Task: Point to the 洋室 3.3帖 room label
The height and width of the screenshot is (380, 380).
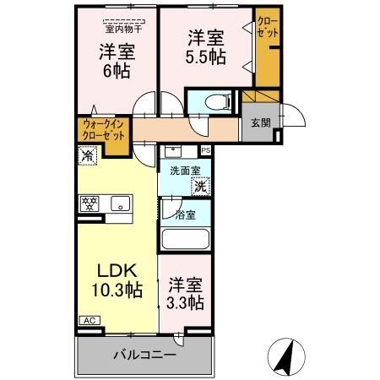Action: click(183, 293)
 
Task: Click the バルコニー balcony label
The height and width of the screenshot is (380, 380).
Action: click(144, 356)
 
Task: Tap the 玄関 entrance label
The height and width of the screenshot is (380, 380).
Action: click(259, 122)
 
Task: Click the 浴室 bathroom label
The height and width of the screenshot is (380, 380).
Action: click(185, 214)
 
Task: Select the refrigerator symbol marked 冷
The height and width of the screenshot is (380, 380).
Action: click(87, 155)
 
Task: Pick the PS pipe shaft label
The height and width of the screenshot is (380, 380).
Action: click(205, 150)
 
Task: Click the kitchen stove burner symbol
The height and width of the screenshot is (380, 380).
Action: click(89, 204)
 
